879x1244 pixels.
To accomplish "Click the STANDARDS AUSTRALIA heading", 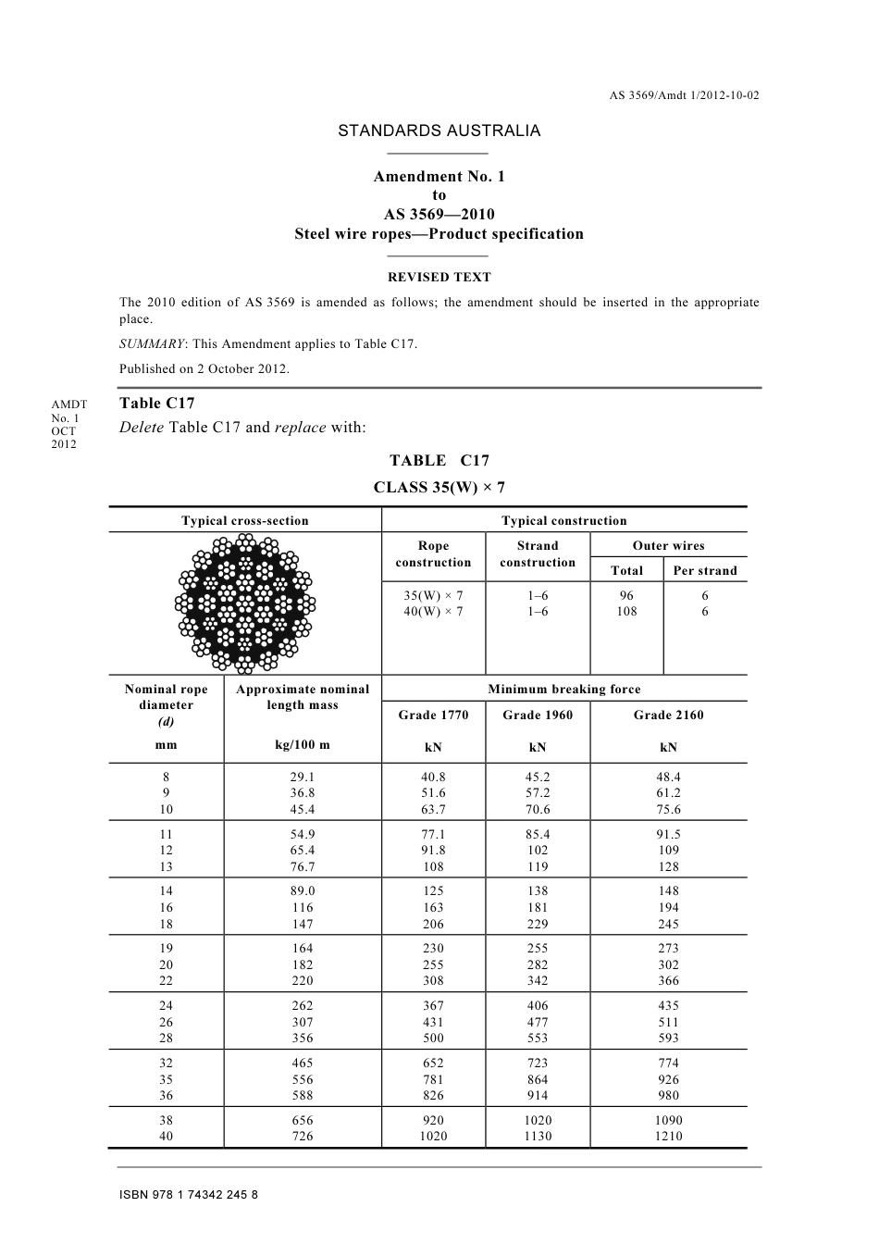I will [439, 131].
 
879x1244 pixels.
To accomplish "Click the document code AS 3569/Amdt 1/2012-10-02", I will [684, 95].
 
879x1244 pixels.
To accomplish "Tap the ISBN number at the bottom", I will [189, 1195].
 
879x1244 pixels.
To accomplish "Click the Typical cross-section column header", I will [245, 521].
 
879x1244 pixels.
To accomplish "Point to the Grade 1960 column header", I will [538, 715].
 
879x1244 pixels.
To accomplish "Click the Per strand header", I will [705, 571].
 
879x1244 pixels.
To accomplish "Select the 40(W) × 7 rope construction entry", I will [433, 612].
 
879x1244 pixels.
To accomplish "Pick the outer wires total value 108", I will [626, 612].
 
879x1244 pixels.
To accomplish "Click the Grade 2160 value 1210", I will [669, 1136].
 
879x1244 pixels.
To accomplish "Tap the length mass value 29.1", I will [302, 777].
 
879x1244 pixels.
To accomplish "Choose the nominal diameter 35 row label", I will [167, 1079].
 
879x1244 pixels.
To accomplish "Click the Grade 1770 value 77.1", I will [433, 834].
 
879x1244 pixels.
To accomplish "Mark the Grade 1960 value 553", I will [538, 1039].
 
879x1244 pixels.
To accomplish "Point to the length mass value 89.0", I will [302, 891].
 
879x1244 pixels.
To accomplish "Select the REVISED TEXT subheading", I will [439, 277].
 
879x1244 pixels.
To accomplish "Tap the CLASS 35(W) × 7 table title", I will [439, 488].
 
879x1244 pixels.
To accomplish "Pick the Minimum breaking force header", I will [563, 690].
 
